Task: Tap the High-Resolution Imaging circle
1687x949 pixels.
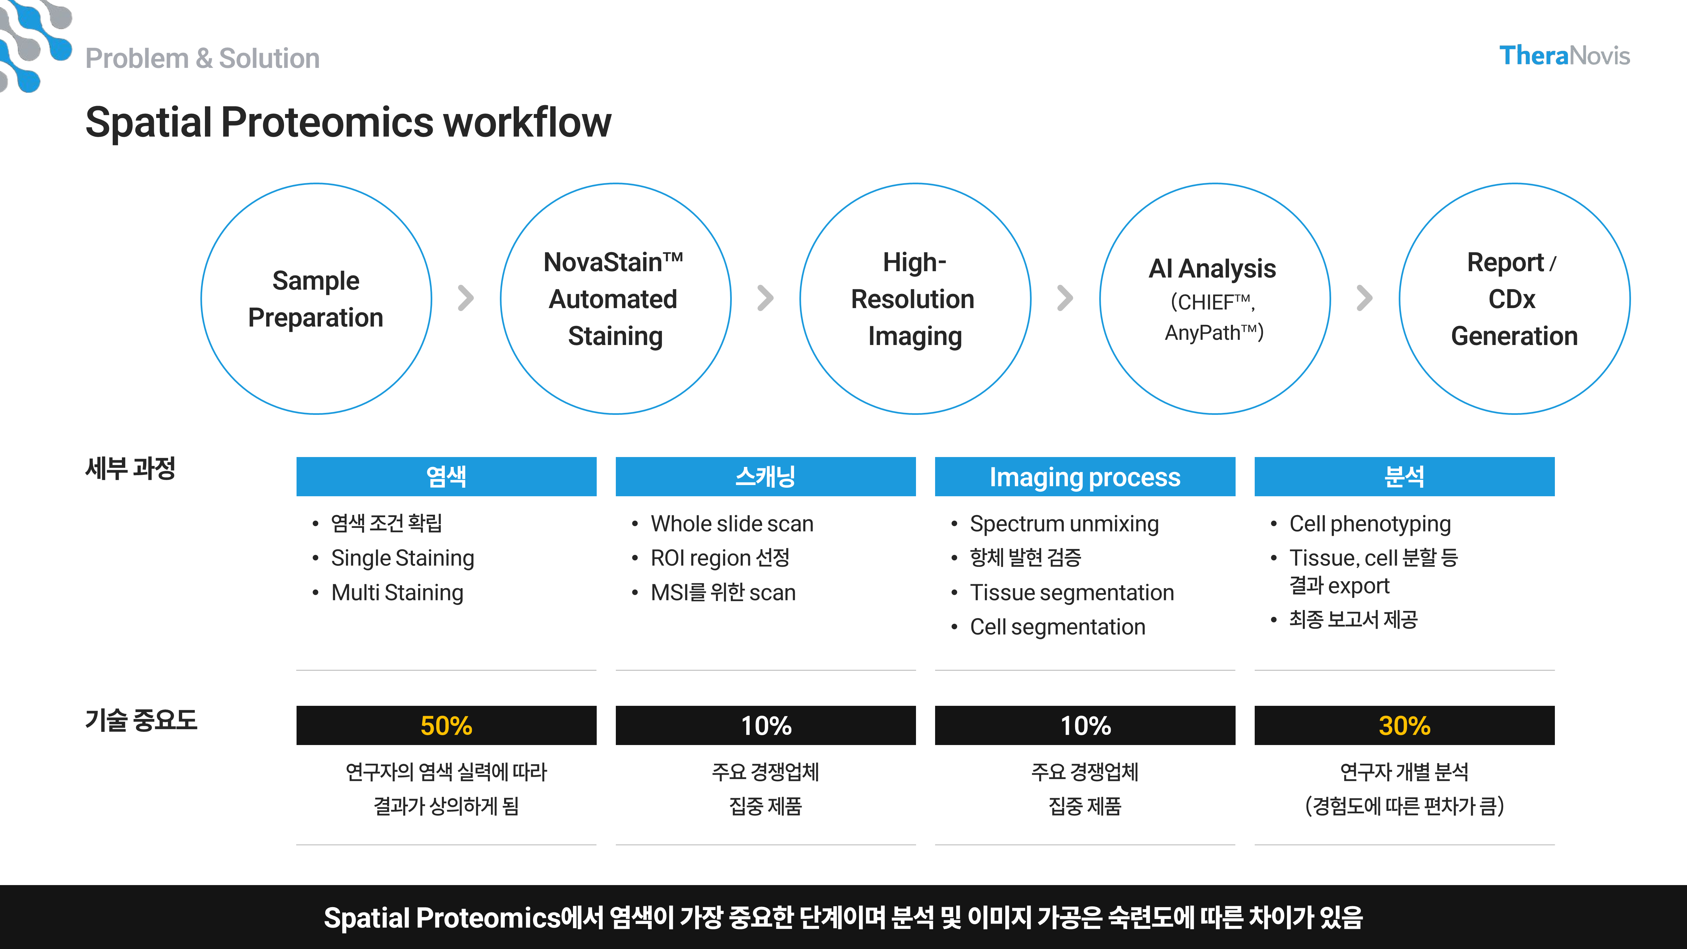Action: pyautogui.click(x=915, y=299)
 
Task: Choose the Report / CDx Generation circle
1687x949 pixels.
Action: pyautogui.click(x=1514, y=299)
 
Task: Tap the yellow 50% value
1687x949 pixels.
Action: pyautogui.click(x=446, y=726)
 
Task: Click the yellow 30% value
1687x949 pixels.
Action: pyautogui.click(x=1404, y=726)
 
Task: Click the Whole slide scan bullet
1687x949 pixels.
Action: pyautogui.click(x=731, y=524)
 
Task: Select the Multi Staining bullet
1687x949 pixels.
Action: pyautogui.click(x=397, y=593)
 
